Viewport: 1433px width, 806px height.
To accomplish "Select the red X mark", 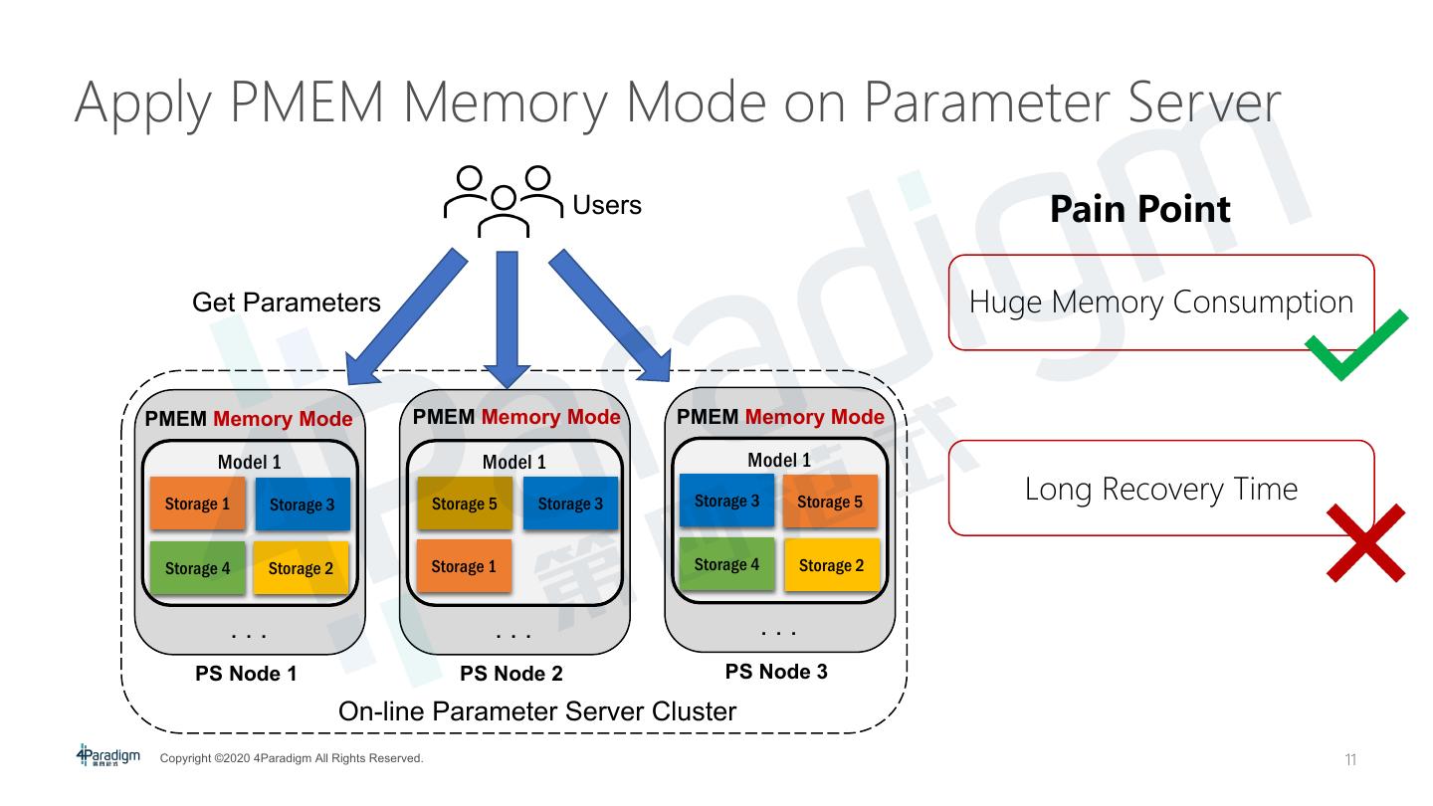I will tap(1365, 542).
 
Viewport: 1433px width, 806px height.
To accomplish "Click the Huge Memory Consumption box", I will tap(1160, 302).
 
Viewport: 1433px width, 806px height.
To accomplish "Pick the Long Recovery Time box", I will tap(1160, 489).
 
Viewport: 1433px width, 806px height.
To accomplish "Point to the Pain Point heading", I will tap(1139, 209).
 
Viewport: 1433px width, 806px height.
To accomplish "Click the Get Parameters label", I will tap(286, 302).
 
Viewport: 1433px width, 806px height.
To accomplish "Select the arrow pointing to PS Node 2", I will tap(508, 318).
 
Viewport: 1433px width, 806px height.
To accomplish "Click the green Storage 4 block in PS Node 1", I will tap(197, 568).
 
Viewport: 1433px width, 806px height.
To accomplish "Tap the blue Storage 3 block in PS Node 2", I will tap(570, 504).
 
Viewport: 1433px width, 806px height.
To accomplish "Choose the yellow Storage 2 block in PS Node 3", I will tap(831, 565).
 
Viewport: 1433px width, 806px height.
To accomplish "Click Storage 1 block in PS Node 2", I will tap(464, 566).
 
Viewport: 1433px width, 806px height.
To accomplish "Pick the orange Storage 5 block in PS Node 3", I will tap(830, 502).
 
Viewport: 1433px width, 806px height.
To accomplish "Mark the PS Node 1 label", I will tap(246, 674).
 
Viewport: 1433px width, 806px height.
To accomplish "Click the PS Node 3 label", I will tap(776, 672).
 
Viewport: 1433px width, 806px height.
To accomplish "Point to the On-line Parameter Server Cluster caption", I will tap(537, 711).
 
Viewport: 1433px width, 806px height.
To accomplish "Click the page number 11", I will tap(1350, 761).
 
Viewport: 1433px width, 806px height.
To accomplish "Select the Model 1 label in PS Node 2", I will tap(513, 462).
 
